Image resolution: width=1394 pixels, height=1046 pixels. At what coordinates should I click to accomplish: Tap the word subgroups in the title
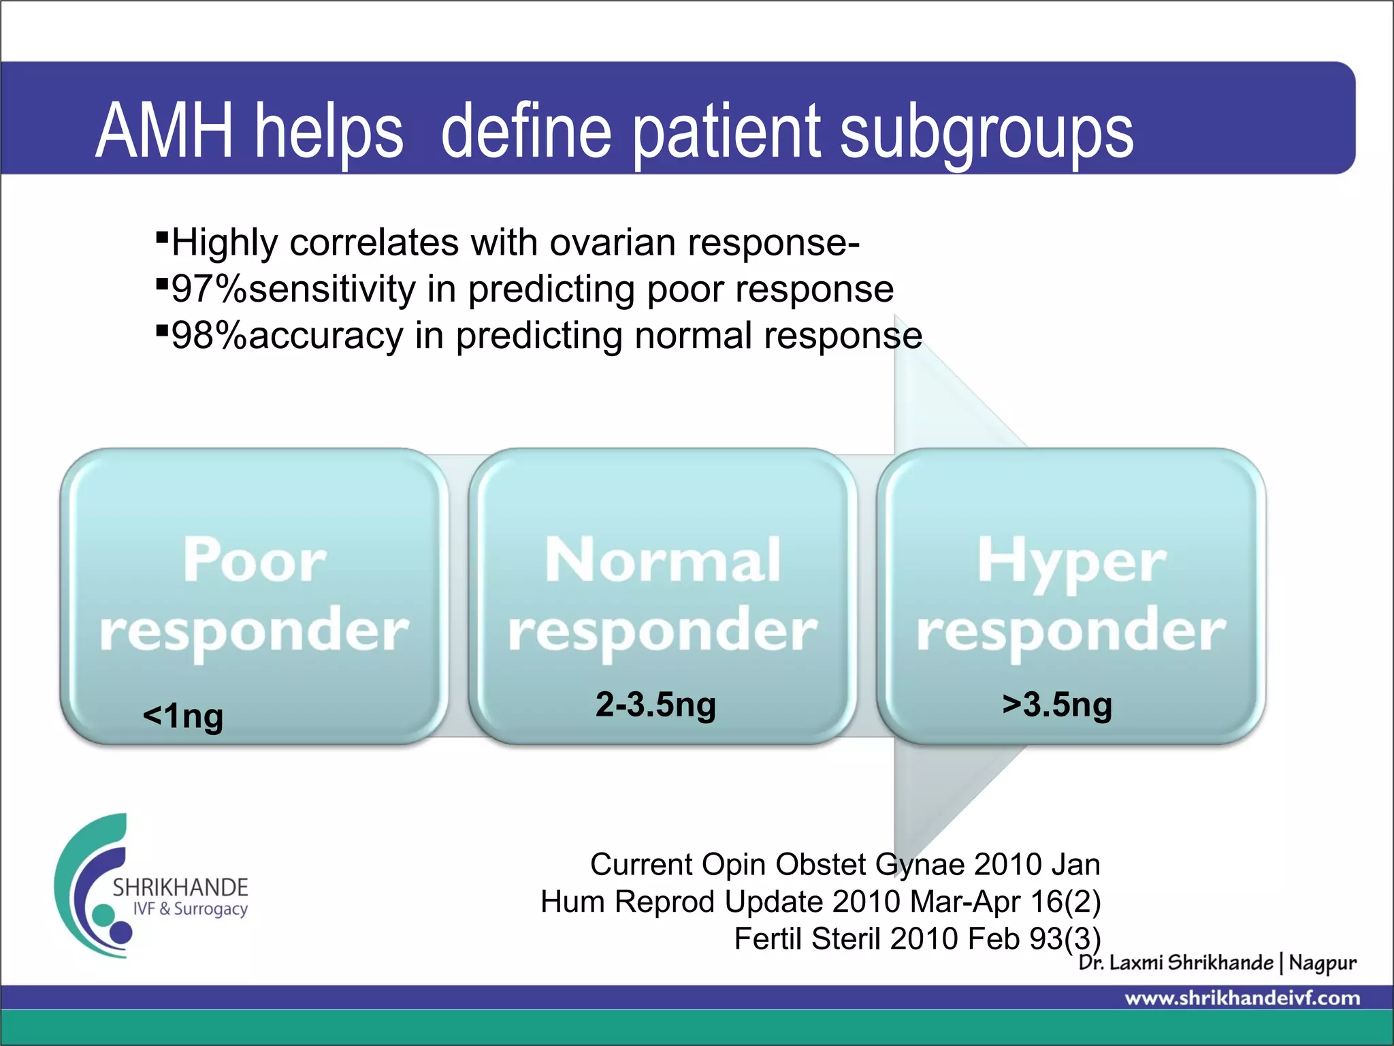pos(986,132)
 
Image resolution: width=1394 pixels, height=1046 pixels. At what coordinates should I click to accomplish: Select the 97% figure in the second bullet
pos(209,289)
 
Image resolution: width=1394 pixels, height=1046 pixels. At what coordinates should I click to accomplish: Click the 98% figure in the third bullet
pos(209,336)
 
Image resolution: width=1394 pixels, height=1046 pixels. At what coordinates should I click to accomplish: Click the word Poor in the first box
pos(255,560)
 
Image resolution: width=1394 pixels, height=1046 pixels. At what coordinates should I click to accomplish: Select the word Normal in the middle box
pos(662,560)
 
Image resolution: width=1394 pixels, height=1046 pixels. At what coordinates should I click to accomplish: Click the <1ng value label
pos(183,716)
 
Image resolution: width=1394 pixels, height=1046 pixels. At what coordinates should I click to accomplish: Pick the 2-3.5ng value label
pos(655,704)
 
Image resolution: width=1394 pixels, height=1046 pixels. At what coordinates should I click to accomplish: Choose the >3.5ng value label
pos(1057,704)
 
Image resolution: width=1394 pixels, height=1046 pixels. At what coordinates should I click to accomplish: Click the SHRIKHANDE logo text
pos(180,887)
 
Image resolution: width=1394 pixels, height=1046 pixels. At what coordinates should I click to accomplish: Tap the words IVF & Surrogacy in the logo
pos(190,909)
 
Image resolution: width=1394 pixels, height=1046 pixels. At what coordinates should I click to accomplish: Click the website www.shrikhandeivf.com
pos(1242,998)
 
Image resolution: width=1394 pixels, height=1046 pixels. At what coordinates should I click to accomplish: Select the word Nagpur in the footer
pos(1323,963)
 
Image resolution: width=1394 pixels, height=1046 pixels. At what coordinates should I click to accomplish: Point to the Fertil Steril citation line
pos(917,939)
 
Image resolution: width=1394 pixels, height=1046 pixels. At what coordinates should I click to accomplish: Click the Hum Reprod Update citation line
pos(820,902)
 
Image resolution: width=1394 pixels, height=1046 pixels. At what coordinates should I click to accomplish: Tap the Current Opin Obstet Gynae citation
pos(845,864)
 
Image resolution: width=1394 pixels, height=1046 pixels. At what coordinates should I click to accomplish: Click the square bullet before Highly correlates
pos(162,237)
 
